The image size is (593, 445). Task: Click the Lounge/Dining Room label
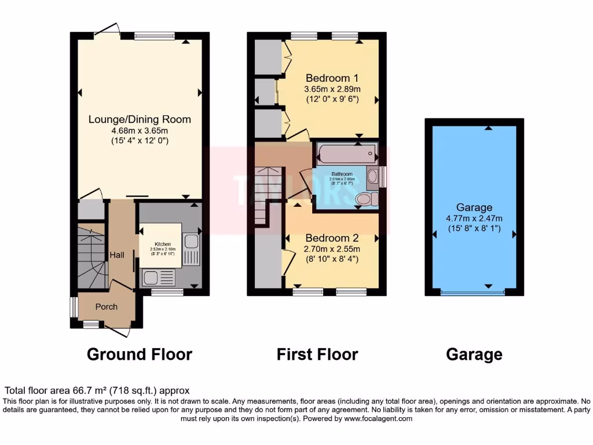(140, 119)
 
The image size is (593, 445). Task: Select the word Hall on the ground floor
(118, 255)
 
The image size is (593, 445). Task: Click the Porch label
(106, 307)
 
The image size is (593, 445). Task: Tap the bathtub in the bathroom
(346, 154)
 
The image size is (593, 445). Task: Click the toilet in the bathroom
(365, 199)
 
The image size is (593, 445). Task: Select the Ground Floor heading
(140, 354)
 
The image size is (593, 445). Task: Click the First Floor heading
(317, 354)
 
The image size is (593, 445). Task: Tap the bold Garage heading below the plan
(474, 354)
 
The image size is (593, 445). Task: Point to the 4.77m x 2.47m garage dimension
(474, 218)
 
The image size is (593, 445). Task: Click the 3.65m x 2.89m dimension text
(332, 89)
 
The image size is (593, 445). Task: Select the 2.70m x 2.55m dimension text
(332, 249)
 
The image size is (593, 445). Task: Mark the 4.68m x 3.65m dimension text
(140, 130)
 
